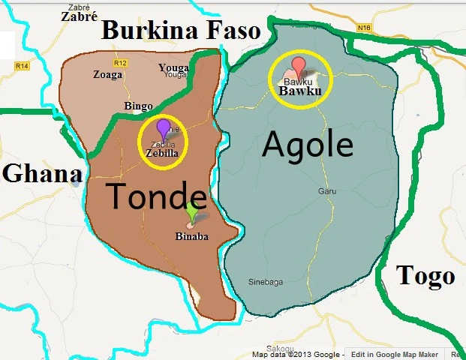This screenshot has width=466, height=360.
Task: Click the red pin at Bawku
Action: (299, 66)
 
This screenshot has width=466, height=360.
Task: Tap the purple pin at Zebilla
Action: (164, 127)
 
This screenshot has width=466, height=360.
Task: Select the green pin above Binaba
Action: (192, 211)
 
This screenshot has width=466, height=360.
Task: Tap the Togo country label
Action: (425, 275)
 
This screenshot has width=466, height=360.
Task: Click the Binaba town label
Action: (191, 237)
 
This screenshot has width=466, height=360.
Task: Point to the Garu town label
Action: (325, 190)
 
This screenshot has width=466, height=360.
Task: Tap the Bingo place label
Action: (139, 106)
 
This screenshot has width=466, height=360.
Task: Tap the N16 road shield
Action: (365, 29)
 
